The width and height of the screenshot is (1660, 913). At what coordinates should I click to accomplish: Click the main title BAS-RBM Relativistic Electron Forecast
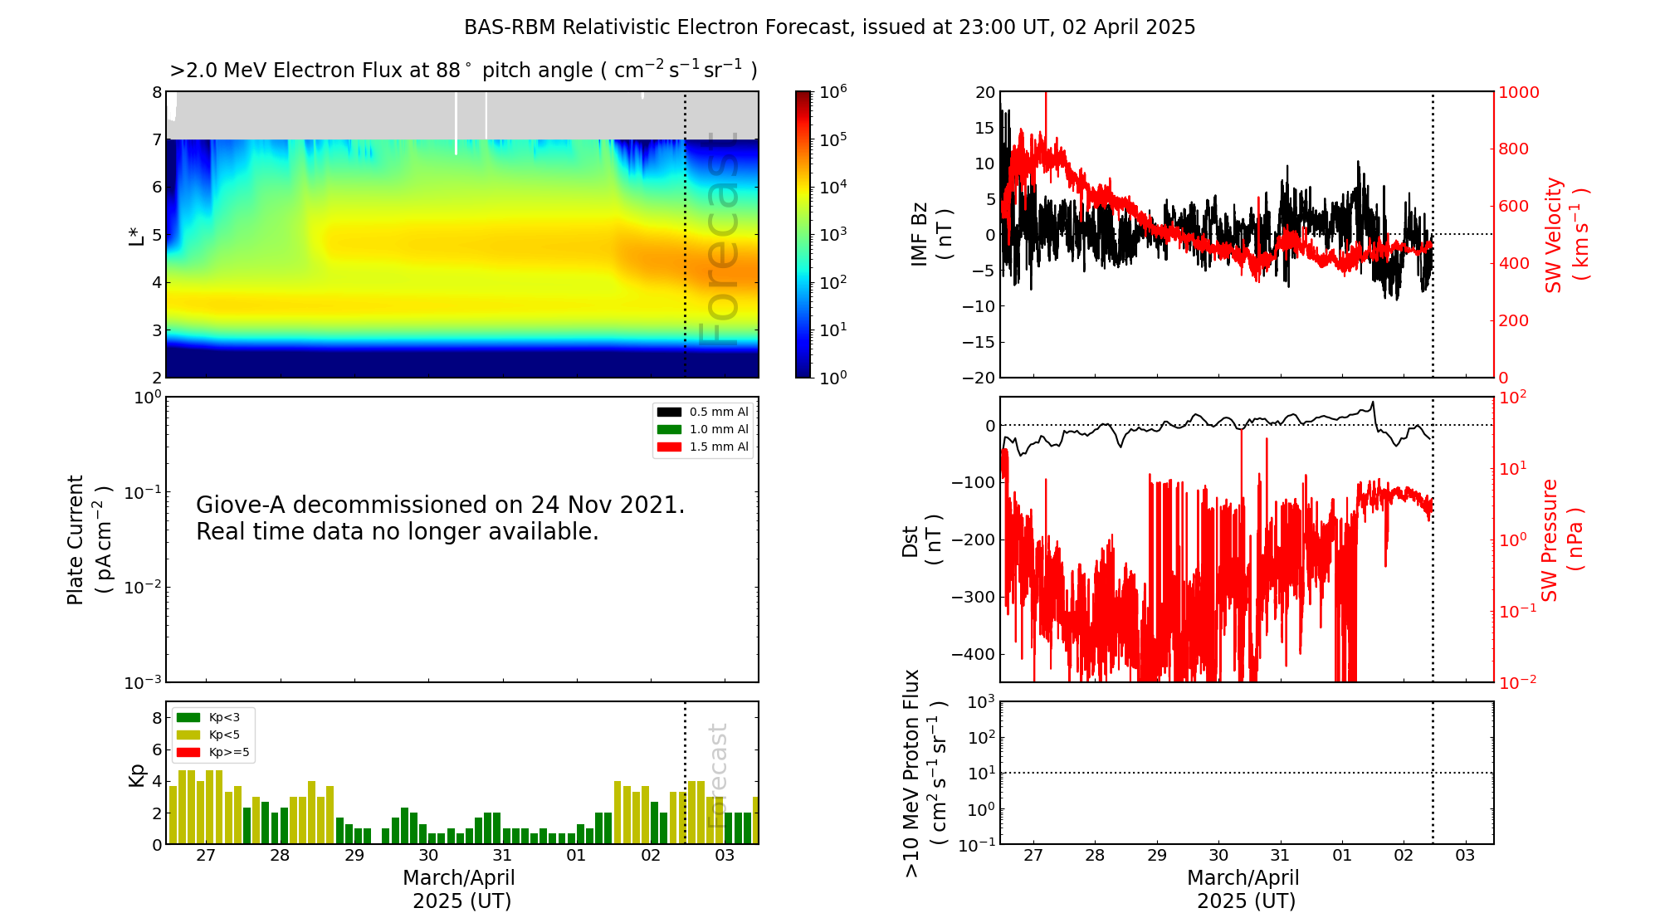829,27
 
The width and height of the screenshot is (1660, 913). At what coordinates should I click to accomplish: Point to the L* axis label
136,235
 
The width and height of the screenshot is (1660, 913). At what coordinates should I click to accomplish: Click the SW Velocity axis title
1565,235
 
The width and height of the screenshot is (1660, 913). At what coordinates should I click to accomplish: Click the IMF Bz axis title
930,235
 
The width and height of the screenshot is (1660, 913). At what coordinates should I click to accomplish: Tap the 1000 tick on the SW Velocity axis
1518,92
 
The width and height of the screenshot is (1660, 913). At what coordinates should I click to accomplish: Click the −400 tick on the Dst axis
973,654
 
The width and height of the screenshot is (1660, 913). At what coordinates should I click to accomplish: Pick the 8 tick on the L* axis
156,92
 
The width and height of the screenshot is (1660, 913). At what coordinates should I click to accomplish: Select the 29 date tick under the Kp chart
354,856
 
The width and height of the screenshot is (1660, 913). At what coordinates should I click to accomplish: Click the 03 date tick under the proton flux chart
1465,856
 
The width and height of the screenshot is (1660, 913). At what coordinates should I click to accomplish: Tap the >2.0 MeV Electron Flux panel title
463,71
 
